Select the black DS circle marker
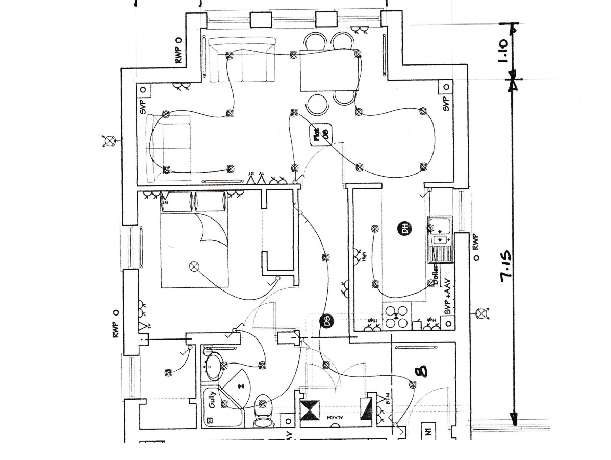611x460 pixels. (x=326, y=321)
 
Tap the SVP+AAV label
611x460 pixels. (x=448, y=297)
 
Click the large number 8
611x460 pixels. (x=421, y=371)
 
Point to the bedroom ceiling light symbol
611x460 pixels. (x=194, y=266)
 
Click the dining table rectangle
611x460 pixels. (x=327, y=70)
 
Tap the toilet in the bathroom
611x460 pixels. (x=264, y=411)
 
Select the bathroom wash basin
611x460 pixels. (x=214, y=365)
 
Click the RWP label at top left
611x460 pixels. (x=179, y=51)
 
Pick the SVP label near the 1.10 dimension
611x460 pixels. (x=446, y=104)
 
